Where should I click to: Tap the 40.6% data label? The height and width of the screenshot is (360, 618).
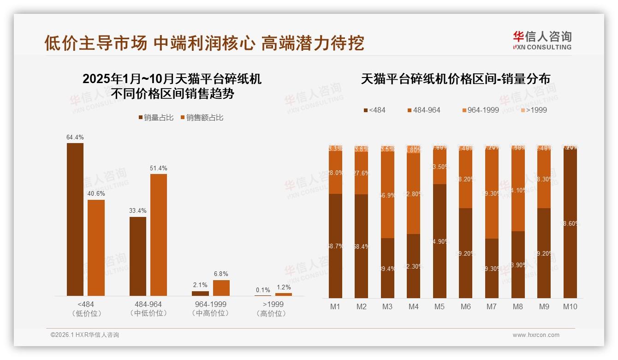coord(96,193)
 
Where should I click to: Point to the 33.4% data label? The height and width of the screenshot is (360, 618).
coord(138,210)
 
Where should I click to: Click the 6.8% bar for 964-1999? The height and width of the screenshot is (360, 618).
coord(221,288)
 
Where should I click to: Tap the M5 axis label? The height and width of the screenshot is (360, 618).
coord(440,306)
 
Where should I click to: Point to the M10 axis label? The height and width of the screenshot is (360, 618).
coord(570,306)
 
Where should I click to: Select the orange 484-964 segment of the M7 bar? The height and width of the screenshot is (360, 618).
coord(492,194)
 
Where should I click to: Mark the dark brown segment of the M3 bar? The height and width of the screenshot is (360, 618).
coord(387,268)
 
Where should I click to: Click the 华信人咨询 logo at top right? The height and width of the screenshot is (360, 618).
coord(542,40)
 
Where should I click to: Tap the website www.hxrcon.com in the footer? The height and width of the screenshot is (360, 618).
coord(536,335)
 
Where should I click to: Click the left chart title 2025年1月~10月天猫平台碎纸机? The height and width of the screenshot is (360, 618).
coord(172,79)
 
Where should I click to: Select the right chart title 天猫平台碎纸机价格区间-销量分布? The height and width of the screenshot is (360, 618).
coord(455,79)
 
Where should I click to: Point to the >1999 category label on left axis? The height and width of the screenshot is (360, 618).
coord(273,305)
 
